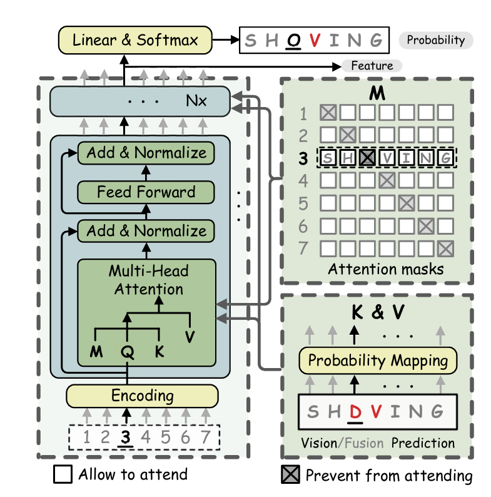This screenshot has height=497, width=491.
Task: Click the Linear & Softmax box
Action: point(136,41)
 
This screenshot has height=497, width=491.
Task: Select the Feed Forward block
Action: point(146,192)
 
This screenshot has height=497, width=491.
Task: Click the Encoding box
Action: point(142,396)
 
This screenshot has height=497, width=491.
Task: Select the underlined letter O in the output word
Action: point(291,41)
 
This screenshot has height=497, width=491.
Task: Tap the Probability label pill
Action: point(436,41)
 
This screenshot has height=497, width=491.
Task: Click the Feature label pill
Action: point(372,65)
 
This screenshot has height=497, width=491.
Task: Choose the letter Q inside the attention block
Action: point(127,352)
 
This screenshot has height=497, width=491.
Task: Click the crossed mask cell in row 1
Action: point(328,113)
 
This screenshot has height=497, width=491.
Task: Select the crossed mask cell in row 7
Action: point(445,248)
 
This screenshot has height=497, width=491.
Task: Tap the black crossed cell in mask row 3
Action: point(367,158)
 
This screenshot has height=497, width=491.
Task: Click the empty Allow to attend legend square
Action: point(63,474)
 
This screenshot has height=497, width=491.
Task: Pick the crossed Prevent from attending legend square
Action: point(291,475)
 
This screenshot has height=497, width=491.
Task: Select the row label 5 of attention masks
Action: point(303,203)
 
